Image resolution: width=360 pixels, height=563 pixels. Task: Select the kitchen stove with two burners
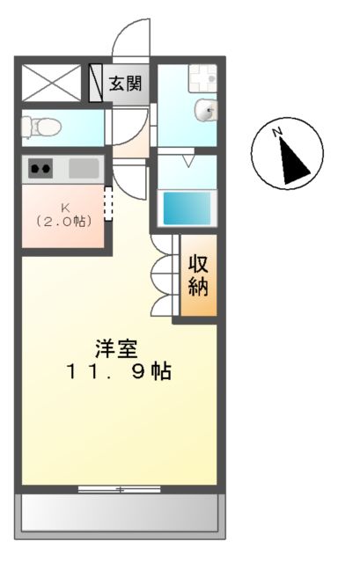(41, 167)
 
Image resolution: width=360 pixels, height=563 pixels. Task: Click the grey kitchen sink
(84, 167)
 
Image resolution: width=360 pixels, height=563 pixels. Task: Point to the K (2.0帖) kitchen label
(63, 215)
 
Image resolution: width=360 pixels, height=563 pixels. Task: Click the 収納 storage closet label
(198, 275)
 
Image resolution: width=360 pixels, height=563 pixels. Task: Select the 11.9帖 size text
(117, 371)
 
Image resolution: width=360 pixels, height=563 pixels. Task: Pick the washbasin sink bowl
(208, 112)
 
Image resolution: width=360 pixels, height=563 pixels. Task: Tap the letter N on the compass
(276, 133)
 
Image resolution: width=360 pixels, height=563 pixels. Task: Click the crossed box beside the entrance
(53, 84)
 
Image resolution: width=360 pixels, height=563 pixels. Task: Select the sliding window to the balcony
(119, 488)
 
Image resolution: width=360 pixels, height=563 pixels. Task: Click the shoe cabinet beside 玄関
(97, 84)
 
